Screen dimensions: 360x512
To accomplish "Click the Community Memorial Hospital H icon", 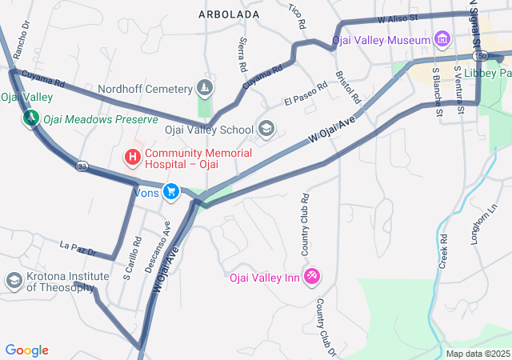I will pos(133,154).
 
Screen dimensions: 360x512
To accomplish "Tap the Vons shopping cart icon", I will pos(170,191).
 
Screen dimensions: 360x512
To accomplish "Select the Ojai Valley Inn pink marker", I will pos(313,277).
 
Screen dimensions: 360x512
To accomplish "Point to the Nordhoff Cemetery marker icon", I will pos(206,87).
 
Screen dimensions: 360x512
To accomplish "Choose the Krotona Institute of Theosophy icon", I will pos(14,281).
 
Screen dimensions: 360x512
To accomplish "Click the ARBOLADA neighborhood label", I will pos(229,15).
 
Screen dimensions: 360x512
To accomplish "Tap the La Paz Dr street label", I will pos(78,247).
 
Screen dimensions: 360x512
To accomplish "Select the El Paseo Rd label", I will pos(306,94).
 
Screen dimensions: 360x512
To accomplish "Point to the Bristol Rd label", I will pos(348,88).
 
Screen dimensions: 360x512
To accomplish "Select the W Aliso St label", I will pos(399,17).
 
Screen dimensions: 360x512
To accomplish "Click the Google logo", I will pos(26,350).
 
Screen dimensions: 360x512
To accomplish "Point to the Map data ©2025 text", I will pos(478,354).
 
